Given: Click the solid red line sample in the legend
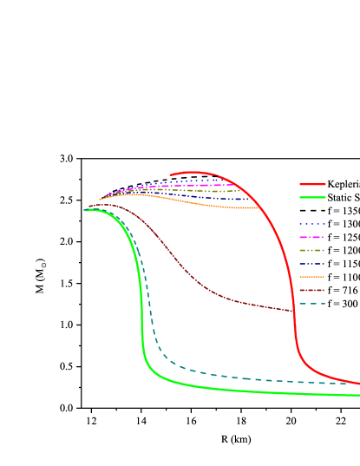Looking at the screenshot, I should [x=312, y=184].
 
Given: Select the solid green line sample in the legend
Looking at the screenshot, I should [x=312, y=197].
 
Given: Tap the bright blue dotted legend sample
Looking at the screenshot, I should [x=312, y=224].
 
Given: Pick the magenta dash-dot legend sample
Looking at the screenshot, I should [x=312, y=237].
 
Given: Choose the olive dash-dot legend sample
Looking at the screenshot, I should [x=312, y=250].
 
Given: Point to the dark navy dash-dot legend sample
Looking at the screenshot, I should [x=312, y=264].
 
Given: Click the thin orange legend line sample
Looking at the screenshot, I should [x=312, y=277].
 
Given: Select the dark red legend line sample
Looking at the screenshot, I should [x=312, y=290].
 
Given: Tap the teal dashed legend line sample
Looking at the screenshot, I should [x=312, y=304].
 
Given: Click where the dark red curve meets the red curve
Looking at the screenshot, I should [x=293, y=311].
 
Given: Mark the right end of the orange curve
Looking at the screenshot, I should [x=259, y=208].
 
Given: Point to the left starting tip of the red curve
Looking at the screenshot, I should [x=171, y=174].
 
